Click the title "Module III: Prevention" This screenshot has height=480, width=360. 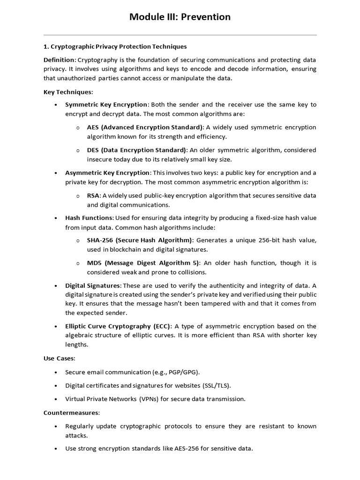pyautogui.click(x=180, y=17)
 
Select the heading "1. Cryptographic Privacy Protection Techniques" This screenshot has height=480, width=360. pyautogui.click(x=115, y=46)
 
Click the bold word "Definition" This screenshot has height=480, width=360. pyautogui.click(x=59, y=60)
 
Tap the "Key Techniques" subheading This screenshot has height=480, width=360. pyautogui.click(x=68, y=92)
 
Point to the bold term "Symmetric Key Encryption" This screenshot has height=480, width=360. pyautogui.click(x=106, y=105)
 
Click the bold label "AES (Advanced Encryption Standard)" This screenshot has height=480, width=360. pyautogui.click(x=145, y=127)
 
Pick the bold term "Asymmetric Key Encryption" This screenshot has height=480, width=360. pyautogui.click(x=107, y=172)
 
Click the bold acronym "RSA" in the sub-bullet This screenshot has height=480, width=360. pyautogui.click(x=93, y=195)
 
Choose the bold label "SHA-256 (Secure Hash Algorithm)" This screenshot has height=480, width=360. pyautogui.click(x=140, y=240)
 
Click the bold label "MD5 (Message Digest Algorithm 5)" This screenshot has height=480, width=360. pyautogui.click(x=143, y=262)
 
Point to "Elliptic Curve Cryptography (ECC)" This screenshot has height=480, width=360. pyautogui.click(x=119, y=326)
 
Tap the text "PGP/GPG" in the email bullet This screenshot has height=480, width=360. pyautogui.click(x=185, y=372)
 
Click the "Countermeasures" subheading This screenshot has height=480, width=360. pyautogui.click(x=71, y=412)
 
